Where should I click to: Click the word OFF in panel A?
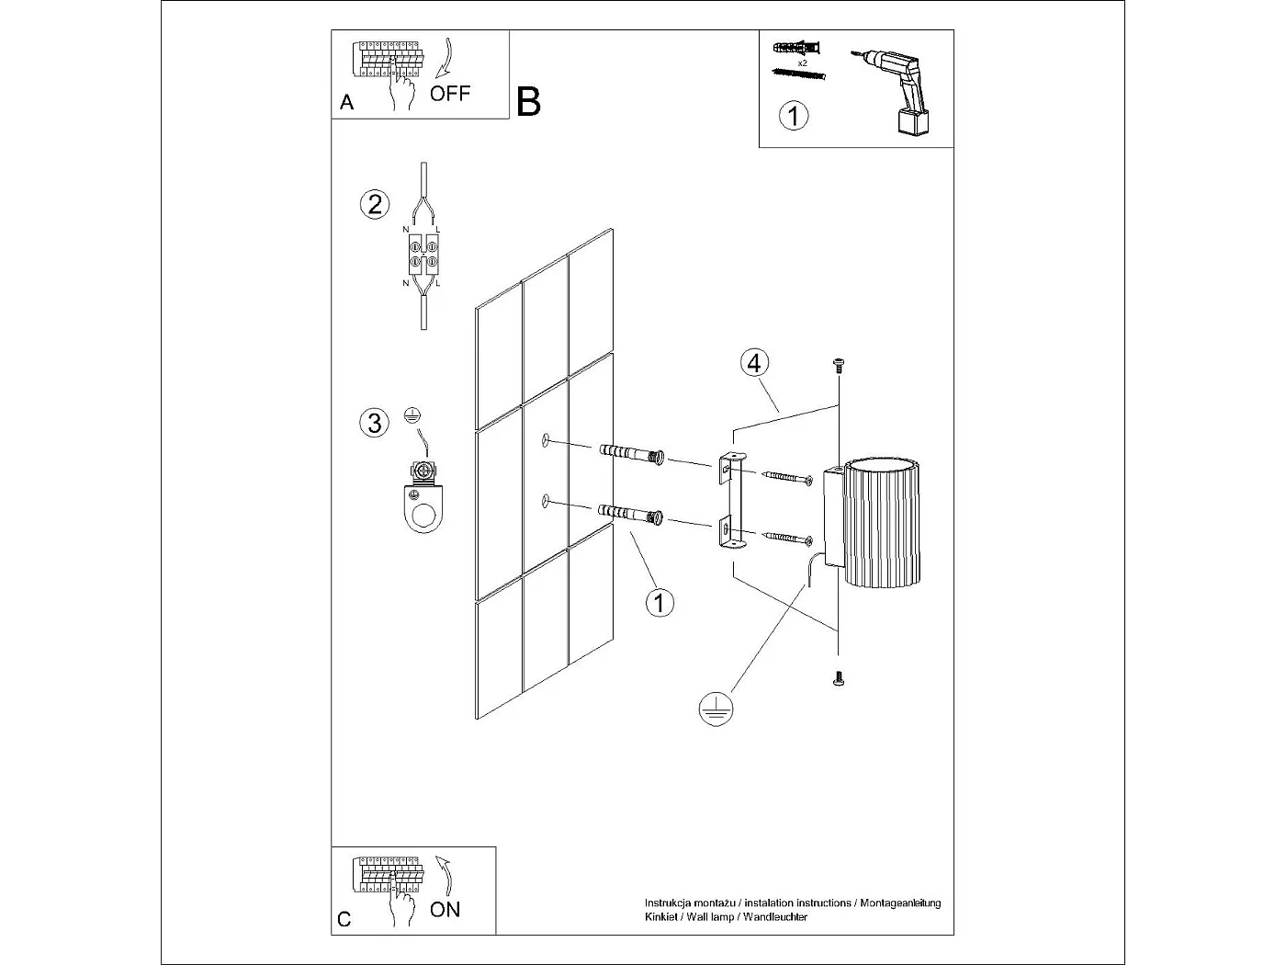(450, 93)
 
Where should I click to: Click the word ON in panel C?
(446, 909)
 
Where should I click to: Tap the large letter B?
(529, 101)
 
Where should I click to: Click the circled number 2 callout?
(374, 203)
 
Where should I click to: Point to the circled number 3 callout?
(374, 423)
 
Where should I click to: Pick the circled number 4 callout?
(753, 363)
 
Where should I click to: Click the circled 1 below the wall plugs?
(660, 603)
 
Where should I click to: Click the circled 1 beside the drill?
(794, 116)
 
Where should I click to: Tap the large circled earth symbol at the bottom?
(716, 708)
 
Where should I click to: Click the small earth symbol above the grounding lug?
(411, 414)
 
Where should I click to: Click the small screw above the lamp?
(838, 365)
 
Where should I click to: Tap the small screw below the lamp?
(838, 680)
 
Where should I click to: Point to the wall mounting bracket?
(732, 501)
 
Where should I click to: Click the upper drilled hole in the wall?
(546, 441)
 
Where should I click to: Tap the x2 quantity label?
(802, 62)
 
